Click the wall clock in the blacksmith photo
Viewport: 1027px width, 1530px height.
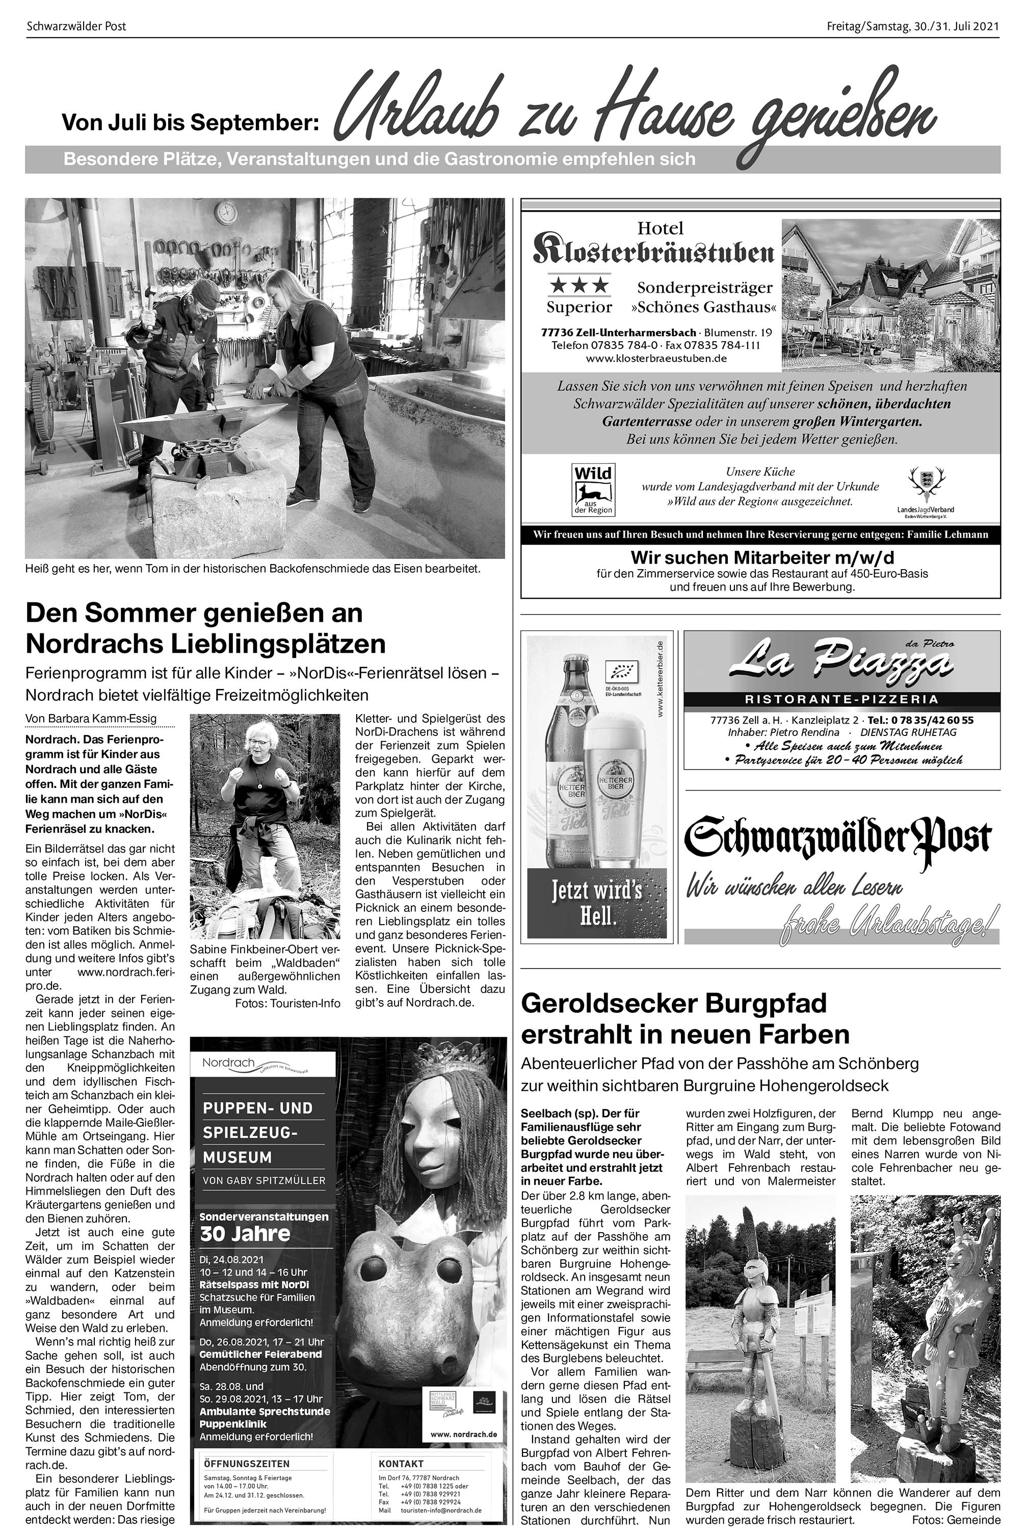[x=226, y=212]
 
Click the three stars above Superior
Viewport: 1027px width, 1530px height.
[x=579, y=286]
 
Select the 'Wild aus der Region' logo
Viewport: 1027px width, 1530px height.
[x=593, y=490]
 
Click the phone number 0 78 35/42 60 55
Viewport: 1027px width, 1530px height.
[x=920, y=720]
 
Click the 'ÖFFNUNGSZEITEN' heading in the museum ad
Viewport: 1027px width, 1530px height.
[x=246, y=1463]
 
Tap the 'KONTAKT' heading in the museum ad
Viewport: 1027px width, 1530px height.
[x=401, y=1463]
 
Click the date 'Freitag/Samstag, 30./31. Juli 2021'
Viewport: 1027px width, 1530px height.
[x=912, y=26]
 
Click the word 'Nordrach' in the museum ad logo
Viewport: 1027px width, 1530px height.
[x=228, y=1063]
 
